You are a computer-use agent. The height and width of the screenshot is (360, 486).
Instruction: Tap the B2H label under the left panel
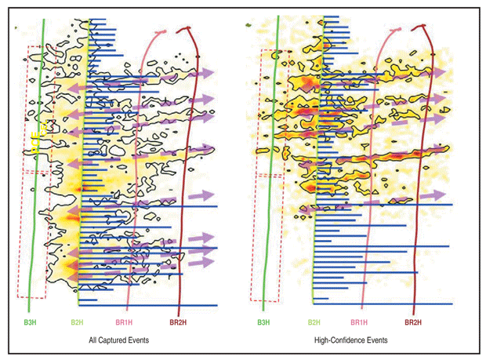78,322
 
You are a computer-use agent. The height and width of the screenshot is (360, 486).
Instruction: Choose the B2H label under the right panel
314,322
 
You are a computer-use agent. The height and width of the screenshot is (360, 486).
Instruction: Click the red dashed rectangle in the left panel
18,235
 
